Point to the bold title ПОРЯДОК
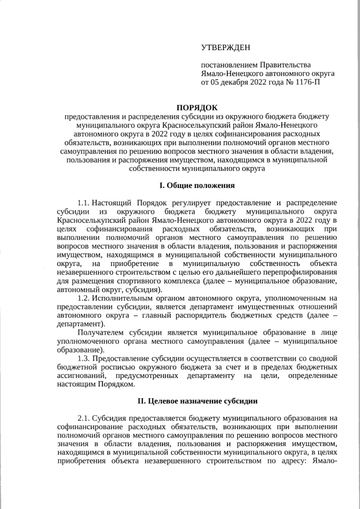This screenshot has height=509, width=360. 196,107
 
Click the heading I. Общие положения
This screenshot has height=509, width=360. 196,185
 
